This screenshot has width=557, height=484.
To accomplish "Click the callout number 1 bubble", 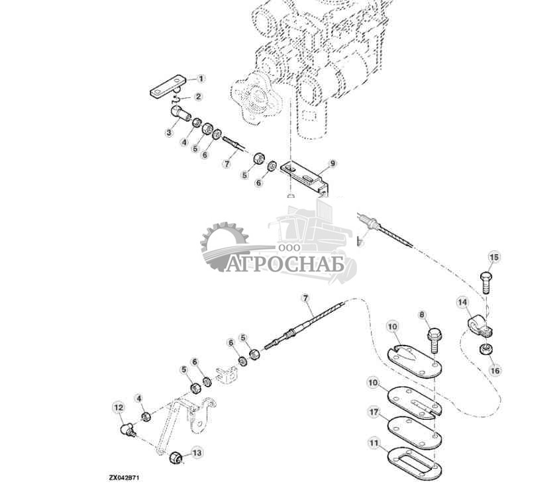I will (x=201, y=78).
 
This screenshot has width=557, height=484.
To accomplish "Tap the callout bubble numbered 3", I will (x=169, y=133).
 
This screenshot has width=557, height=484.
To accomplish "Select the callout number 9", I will (x=332, y=163).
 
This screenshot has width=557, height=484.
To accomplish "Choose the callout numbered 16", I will (x=494, y=370).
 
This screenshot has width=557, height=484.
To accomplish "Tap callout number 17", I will (x=374, y=412).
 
